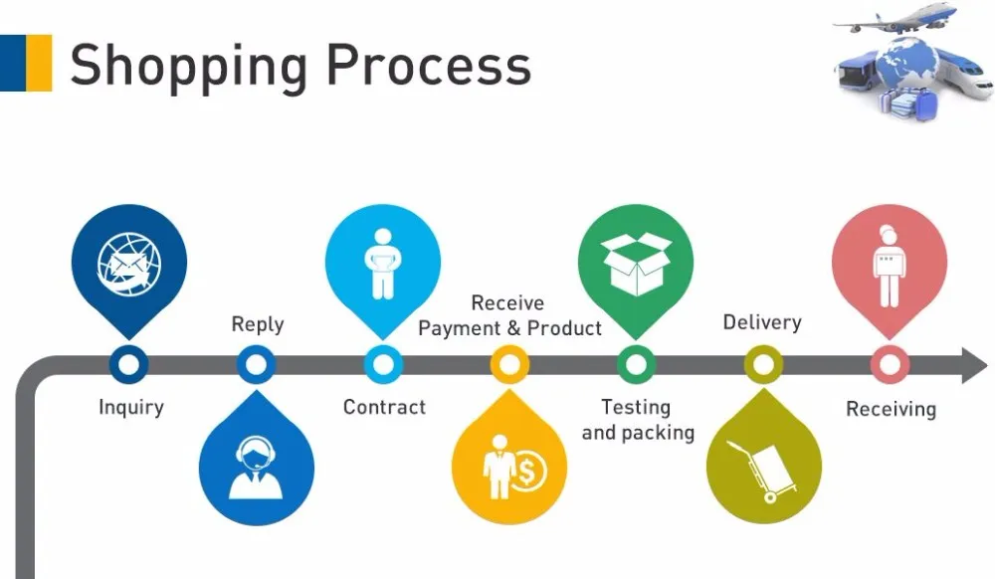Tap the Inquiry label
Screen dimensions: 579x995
click(x=130, y=407)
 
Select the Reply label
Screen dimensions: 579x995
click(x=257, y=324)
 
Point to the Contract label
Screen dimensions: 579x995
click(x=384, y=407)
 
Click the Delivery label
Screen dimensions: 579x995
click(x=761, y=322)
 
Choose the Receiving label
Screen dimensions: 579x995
click(x=891, y=409)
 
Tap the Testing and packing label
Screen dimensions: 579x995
click(x=637, y=419)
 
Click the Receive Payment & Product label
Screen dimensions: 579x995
click(x=509, y=315)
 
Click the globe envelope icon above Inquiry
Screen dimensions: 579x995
click(x=129, y=263)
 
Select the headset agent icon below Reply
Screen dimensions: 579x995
click(x=256, y=467)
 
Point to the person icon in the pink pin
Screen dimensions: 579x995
click(x=888, y=263)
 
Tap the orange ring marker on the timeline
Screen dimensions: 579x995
click(x=509, y=365)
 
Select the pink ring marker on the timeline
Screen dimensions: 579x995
click(x=889, y=365)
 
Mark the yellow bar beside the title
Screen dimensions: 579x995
click(x=40, y=63)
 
